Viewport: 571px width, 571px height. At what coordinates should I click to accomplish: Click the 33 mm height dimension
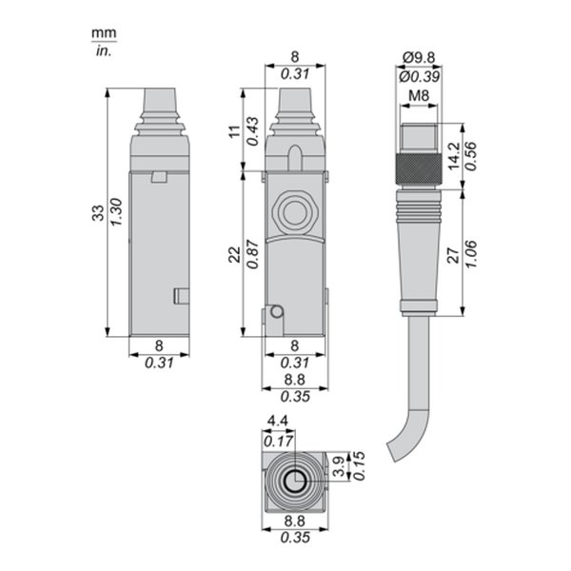[98, 213]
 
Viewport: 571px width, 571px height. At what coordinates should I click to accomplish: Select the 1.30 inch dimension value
[116, 212]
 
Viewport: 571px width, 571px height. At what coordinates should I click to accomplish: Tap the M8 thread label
[419, 96]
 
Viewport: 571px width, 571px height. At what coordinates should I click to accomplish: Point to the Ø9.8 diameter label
[419, 57]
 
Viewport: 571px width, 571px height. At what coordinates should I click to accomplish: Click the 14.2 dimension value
[454, 156]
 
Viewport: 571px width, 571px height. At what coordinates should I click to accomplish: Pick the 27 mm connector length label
[454, 256]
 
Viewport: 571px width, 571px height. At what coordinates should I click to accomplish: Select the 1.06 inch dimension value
[471, 254]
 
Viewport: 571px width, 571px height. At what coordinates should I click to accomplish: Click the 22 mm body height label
[235, 254]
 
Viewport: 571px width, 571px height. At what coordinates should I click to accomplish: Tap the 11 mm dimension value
[235, 131]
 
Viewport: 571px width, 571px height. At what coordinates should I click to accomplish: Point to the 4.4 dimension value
[278, 422]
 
